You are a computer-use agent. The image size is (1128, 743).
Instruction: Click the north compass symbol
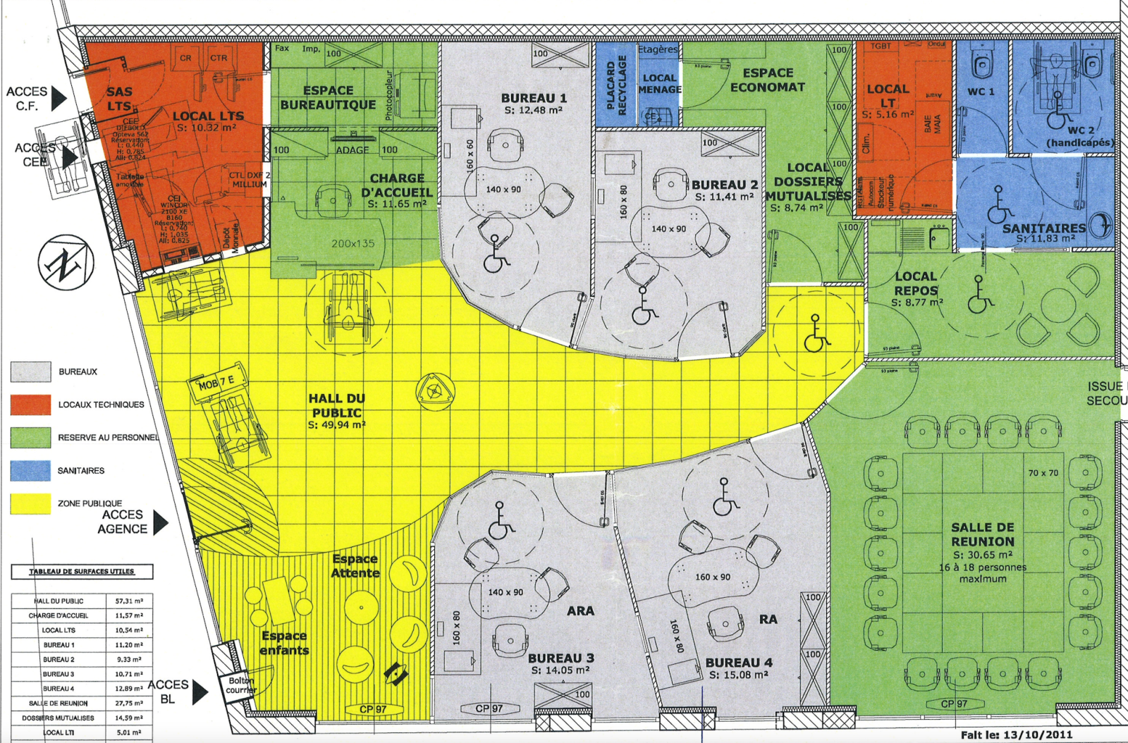coord(66,263)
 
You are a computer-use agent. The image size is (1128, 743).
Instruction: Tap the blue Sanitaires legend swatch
coord(30,470)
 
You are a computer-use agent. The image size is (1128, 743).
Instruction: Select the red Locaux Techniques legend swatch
coord(30,405)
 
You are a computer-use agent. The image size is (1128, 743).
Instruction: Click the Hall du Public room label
coord(337,406)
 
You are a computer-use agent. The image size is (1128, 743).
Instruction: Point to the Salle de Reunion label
coord(983,534)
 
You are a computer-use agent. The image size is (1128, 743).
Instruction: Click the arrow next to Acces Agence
coord(160,522)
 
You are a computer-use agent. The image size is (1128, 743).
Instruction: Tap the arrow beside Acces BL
coord(200,692)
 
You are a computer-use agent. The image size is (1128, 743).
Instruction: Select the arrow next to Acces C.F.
coord(59,99)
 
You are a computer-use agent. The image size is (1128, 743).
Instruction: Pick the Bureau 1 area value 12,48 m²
coord(533,111)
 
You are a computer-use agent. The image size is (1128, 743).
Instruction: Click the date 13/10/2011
coord(1040,735)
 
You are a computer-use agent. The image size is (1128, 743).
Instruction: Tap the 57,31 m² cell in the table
coord(129,601)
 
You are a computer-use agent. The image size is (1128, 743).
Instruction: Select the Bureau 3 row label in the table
coord(59,674)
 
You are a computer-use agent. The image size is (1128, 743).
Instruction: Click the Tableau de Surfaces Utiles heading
coord(82,571)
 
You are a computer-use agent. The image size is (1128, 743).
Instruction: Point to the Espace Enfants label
coord(284,643)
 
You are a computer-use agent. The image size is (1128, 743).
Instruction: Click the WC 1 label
coord(981,92)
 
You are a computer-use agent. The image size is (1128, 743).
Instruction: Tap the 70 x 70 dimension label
coord(1043,473)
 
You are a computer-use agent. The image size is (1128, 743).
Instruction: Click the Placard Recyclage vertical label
coord(616,85)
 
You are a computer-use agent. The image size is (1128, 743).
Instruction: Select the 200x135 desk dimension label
coord(353,244)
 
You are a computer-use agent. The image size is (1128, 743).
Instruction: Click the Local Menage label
coord(659,84)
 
